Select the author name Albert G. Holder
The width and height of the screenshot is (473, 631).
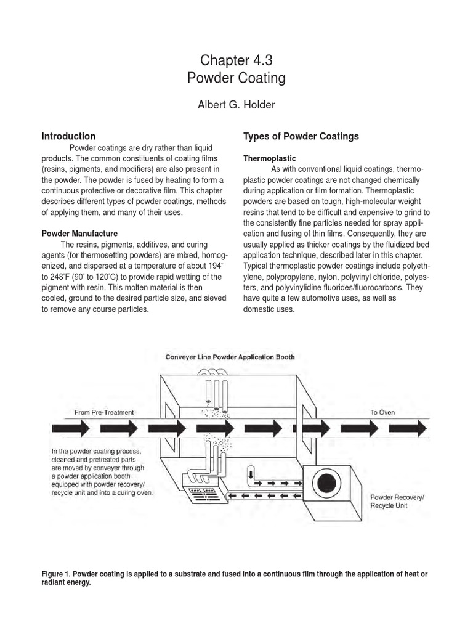(236, 105)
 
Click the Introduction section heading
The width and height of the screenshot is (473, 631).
(68, 136)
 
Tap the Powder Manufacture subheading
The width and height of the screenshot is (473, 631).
(79, 234)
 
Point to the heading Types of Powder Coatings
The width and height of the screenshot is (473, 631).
(301, 136)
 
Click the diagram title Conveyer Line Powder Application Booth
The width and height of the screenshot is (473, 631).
(229, 357)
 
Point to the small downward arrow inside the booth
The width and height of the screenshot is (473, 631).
(251, 475)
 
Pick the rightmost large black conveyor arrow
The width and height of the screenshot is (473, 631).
(412, 427)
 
